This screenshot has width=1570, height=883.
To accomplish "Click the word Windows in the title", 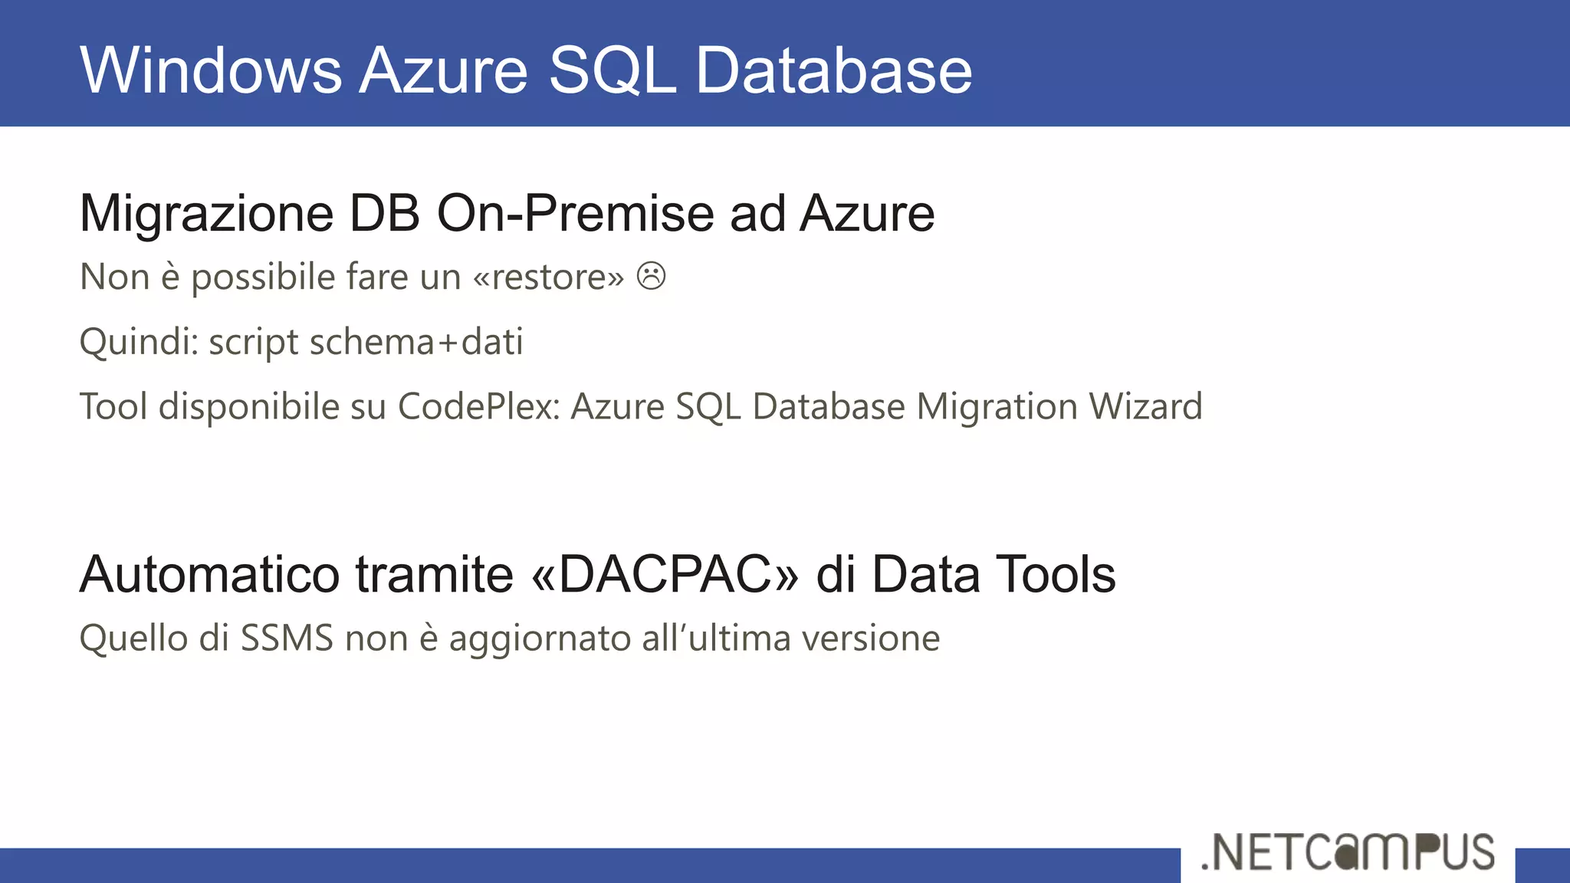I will [211, 71].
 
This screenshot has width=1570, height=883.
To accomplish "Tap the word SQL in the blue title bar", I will [613, 71].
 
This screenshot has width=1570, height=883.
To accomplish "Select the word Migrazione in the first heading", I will [206, 213].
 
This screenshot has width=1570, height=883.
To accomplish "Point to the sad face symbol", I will [651, 276].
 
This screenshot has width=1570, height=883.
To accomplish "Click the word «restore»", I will [549, 277].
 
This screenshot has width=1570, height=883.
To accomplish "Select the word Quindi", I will [139, 342].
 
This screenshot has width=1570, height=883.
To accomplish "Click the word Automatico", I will [209, 574].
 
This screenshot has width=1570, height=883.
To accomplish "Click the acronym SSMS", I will [287, 638].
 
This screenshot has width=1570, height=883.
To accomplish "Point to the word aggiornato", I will [540, 639].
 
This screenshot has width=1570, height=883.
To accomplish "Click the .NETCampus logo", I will [1348, 852].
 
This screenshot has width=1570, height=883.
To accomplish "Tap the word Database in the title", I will [833, 71].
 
